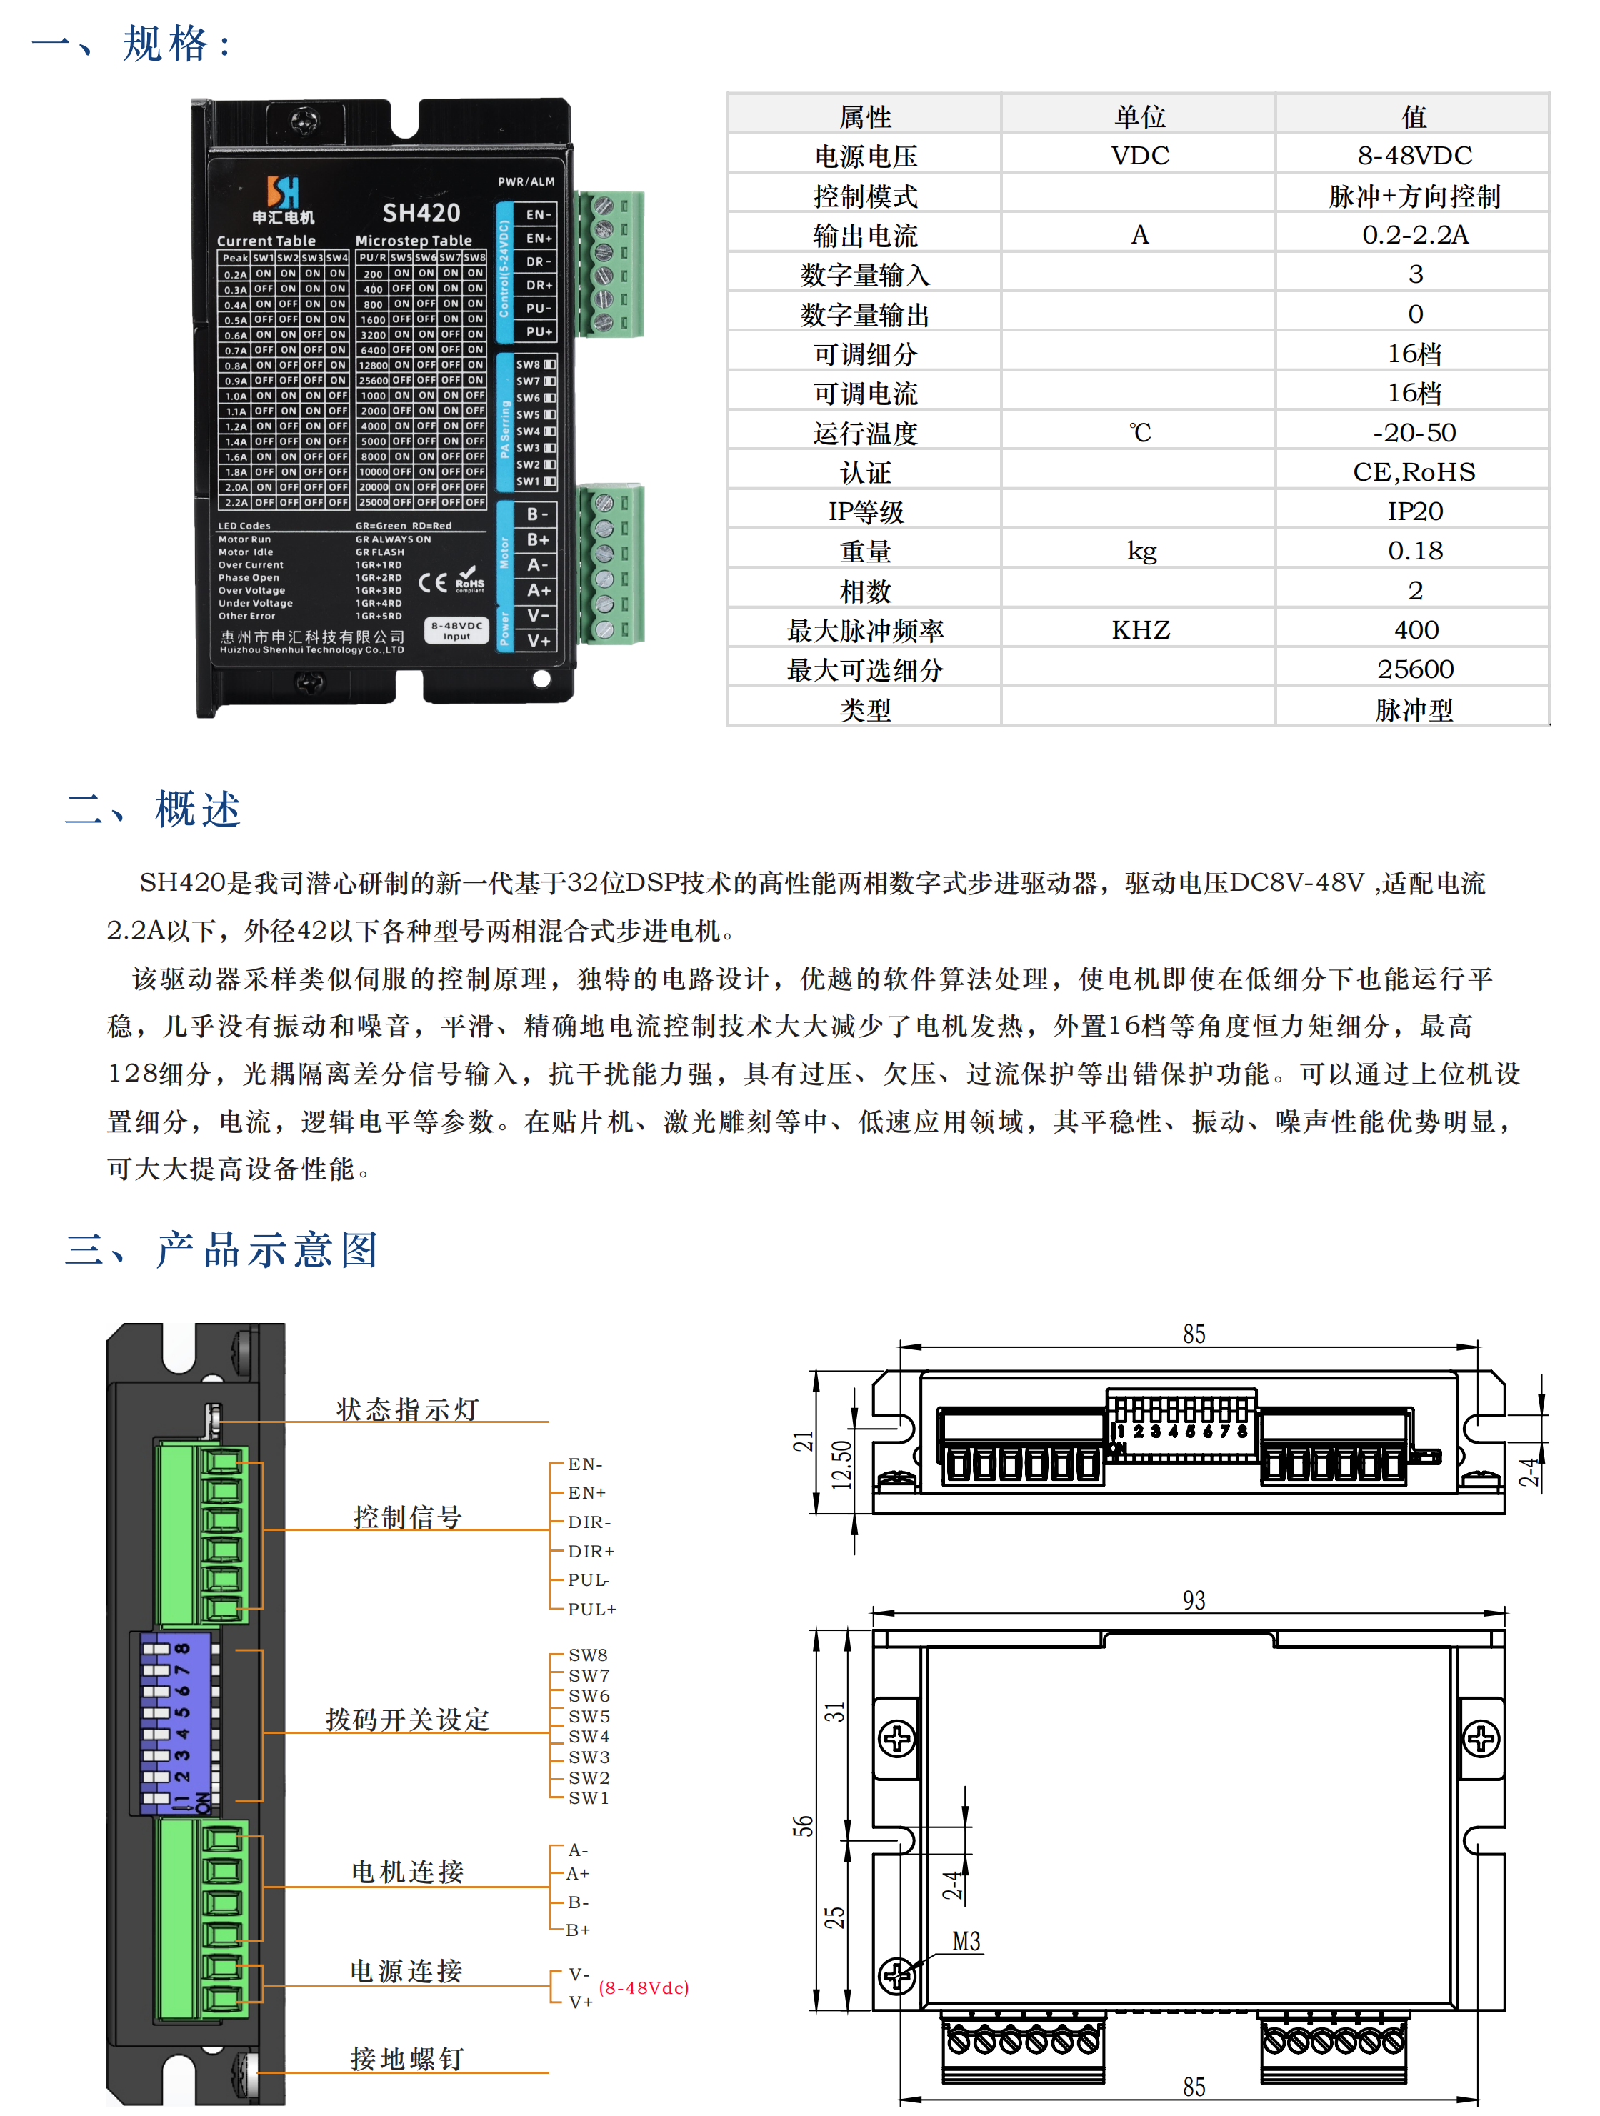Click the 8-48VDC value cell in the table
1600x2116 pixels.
(1414, 155)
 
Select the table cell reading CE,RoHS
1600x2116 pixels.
(1414, 471)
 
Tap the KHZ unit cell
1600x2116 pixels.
(1140, 629)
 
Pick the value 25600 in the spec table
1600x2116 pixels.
(1414, 669)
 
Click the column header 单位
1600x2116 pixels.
(1139, 116)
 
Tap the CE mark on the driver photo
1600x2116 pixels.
(432, 582)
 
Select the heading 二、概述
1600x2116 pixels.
(153, 809)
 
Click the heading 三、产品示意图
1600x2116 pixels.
(222, 1249)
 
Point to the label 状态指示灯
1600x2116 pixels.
(406, 1408)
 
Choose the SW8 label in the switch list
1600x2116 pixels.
(587, 1654)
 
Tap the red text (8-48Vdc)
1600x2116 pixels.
(644, 1987)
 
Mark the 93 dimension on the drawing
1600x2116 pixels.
(1193, 1600)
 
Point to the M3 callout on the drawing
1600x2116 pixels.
(966, 1941)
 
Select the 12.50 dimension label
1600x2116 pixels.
(841, 1464)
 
